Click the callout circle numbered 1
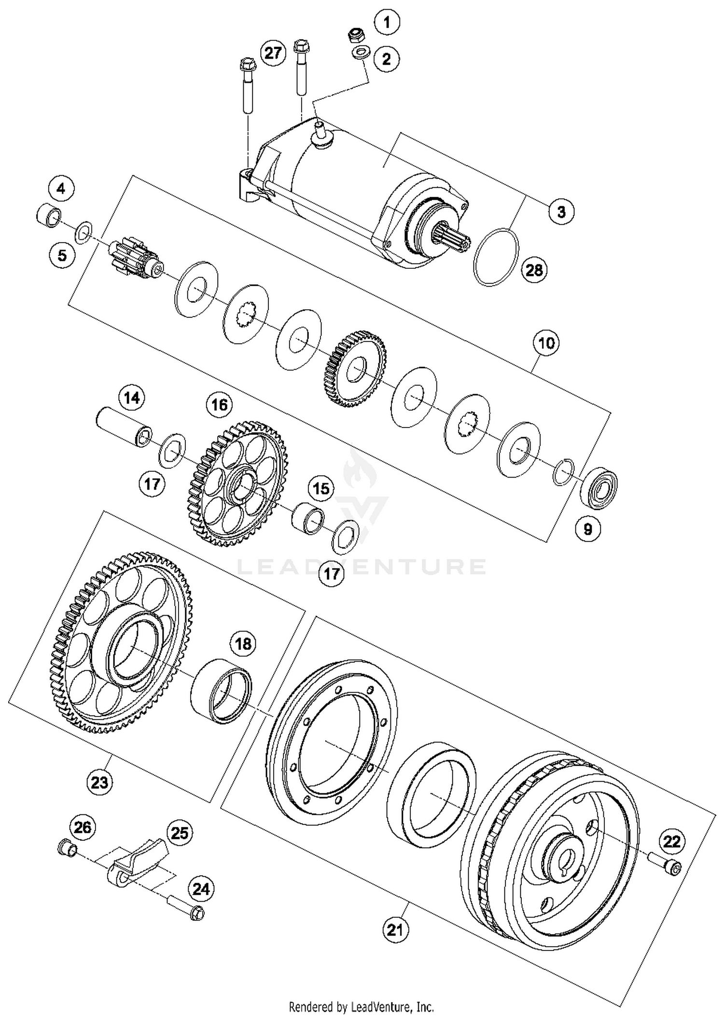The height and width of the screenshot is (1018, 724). coord(386,22)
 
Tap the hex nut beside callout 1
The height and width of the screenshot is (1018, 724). coord(357,35)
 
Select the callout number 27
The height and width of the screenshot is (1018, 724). coord(273,53)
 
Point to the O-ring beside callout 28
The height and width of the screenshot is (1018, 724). coord(497,257)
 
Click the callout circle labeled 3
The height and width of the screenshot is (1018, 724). coord(561,212)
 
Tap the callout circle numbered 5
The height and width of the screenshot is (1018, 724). coord(62,255)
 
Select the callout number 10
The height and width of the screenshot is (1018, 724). coord(546,343)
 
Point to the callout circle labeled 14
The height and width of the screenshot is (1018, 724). coord(132,398)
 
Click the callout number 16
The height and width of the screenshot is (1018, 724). coord(219,404)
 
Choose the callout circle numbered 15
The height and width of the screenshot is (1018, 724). coord(321,489)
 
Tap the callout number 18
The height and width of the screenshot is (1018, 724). coord(243,644)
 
